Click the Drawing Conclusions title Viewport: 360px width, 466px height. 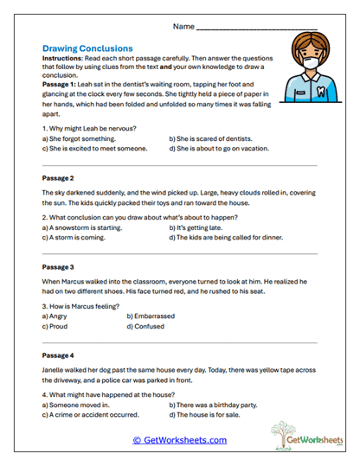pos(87,49)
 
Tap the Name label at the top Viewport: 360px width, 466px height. pos(183,27)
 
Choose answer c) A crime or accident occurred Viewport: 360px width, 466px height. pos(90,414)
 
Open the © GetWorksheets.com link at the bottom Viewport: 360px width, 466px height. pos(180,440)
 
